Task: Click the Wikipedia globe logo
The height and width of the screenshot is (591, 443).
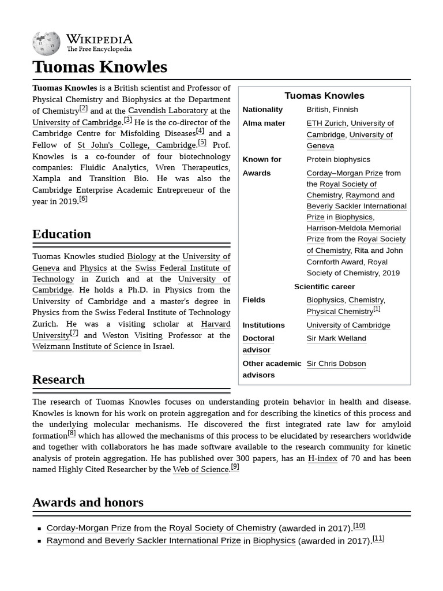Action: tap(46, 44)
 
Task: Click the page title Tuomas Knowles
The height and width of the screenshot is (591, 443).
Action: tap(100, 67)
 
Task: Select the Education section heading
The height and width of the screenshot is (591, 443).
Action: tap(62, 234)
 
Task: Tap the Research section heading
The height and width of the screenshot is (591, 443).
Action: tap(58, 379)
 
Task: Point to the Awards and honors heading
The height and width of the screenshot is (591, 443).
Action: tap(88, 502)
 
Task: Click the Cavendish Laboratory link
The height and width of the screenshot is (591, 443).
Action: tap(168, 111)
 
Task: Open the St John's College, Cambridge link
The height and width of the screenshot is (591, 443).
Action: tap(137, 145)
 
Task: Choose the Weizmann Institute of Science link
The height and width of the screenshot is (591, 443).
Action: tap(87, 346)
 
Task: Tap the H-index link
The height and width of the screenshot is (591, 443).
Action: tap(322, 458)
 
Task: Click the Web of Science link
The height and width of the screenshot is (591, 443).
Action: tap(201, 470)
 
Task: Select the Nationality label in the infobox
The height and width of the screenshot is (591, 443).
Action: tap(262, 110)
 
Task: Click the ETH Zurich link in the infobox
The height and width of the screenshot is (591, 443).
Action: tap(326, 124)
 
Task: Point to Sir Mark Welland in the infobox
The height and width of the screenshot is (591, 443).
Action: tap(336, 338)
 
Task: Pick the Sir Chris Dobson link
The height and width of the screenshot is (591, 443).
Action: tap(336, 364)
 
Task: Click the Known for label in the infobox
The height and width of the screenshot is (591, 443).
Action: tap(262, 159)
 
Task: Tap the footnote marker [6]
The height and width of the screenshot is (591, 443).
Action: tap(83, 199)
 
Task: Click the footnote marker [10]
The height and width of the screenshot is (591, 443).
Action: tap(359, 526)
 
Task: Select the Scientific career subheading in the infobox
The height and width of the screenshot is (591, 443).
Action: tap(324, 287)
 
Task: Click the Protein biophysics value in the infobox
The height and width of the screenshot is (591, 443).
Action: tap(339, 159)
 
